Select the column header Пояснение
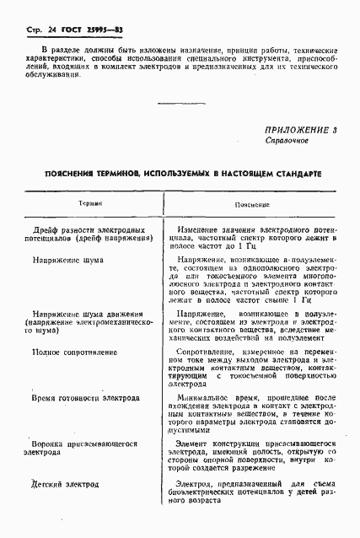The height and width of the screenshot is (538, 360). click(x=252, y=205)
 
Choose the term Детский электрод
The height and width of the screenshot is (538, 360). click(x=65, y=485)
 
